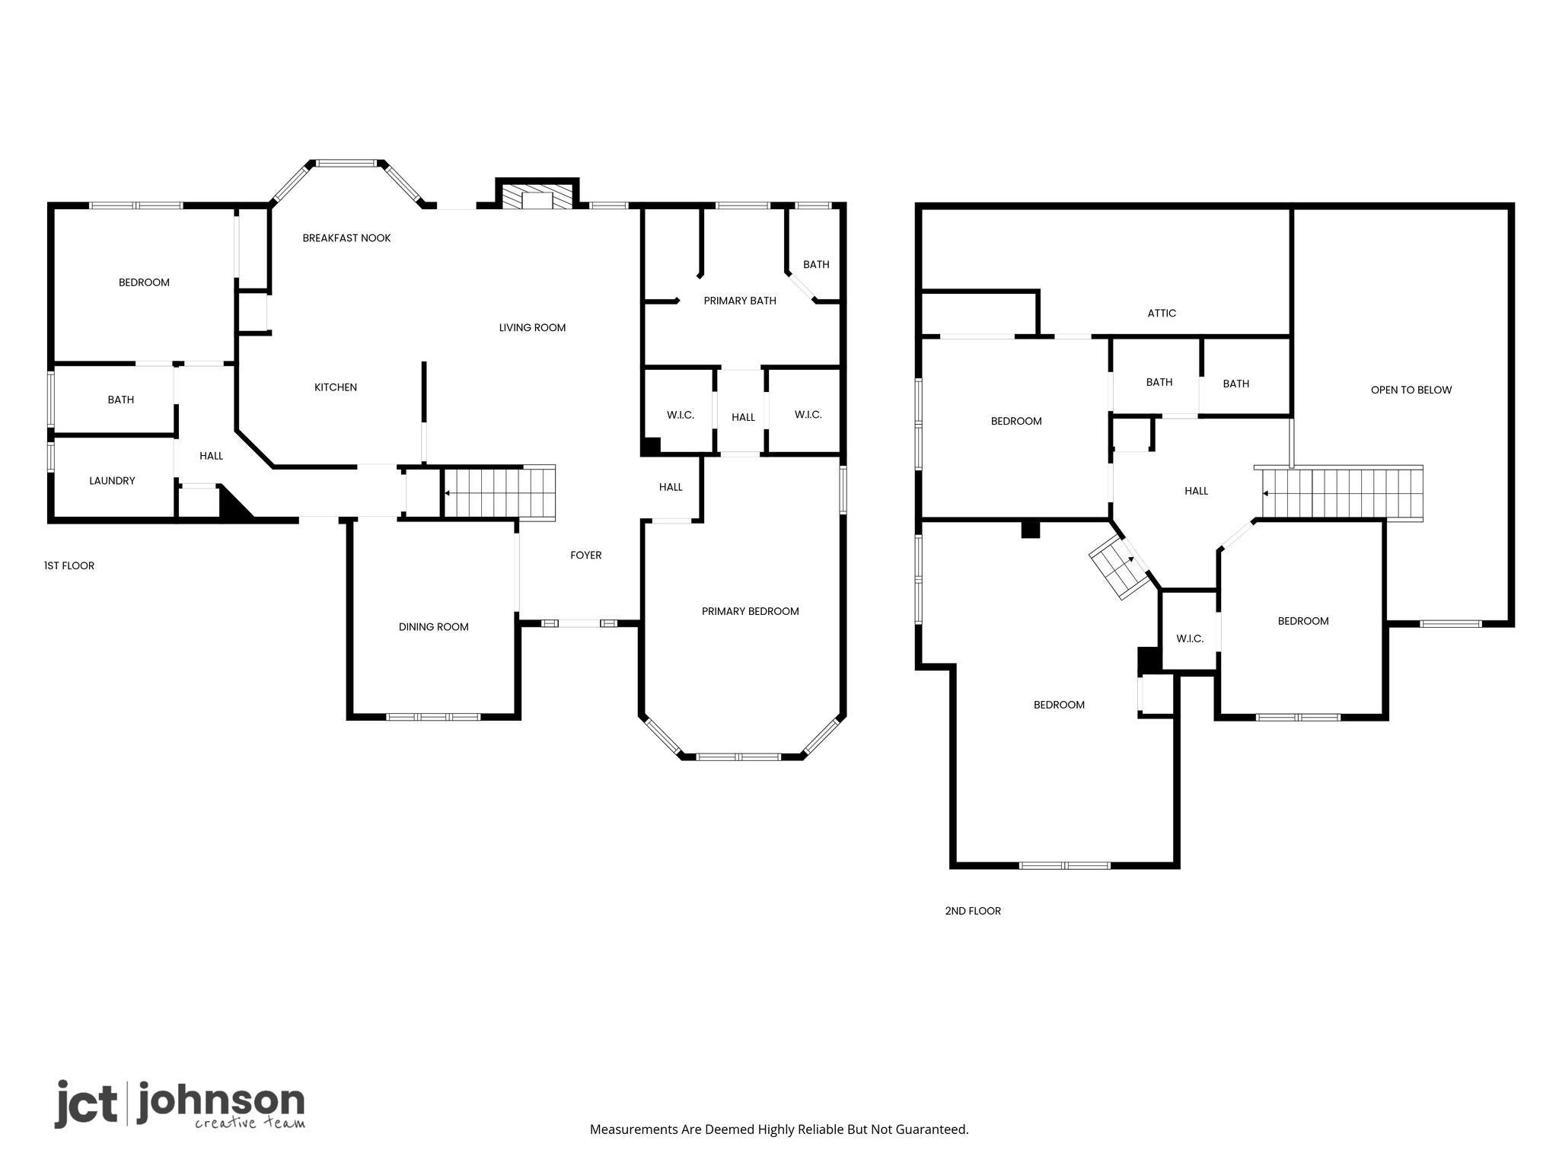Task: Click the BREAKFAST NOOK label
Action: point(346,238)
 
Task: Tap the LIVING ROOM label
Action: point(532,328)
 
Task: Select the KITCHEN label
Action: point(336,387)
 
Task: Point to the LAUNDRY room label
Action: point(112,481)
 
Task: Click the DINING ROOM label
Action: point(434,627)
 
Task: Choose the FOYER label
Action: point(586,556)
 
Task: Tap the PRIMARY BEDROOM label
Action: point(751,611)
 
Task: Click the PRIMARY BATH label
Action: point(740,301)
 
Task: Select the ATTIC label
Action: point(1162,313)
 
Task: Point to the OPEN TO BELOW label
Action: point(1411,390)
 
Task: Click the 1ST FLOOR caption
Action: point(69,565)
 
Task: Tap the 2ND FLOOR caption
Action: point(973,911)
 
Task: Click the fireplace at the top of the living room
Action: point(537,194)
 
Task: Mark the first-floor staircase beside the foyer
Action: point(499,492)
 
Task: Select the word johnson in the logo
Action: point(221,1102)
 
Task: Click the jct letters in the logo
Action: point(85,1104)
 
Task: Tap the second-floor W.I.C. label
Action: point(1190,639)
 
